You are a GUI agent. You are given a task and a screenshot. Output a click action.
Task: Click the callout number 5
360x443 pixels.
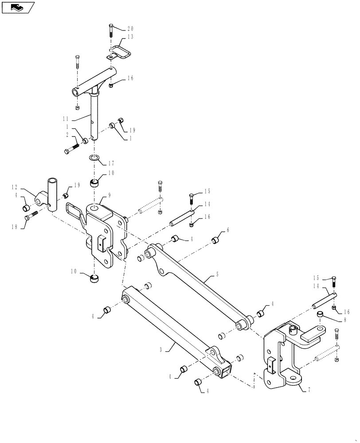(x=217, y=275)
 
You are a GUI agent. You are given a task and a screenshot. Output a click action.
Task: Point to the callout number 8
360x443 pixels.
(x=339, y=318)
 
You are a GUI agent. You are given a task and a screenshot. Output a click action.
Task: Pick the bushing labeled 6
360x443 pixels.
(x=215, y=241)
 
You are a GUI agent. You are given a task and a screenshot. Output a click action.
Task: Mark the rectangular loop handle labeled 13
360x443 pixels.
(x=121, y=52)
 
